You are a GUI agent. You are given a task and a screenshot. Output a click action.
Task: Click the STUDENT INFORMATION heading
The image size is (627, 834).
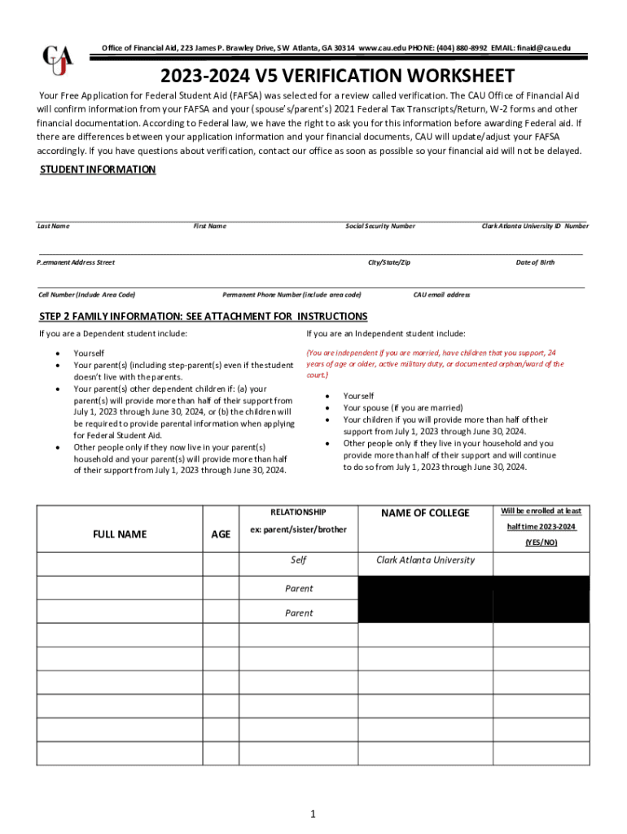click(98, 169)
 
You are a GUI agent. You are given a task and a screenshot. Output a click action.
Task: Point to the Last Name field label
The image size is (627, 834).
click(54, 226)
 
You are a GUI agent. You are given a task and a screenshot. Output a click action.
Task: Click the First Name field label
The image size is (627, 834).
click(209, 226)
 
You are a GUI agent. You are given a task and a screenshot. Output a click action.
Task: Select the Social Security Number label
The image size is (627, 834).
click(380, 226)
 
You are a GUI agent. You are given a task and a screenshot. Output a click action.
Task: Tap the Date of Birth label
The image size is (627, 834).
click(535, 262)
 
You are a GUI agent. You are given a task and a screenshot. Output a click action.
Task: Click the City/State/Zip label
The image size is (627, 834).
click(389, 262)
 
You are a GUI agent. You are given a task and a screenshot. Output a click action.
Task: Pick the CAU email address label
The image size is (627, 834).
click(441, 295)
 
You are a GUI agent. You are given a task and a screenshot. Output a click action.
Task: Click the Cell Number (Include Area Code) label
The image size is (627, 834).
click(86, 295)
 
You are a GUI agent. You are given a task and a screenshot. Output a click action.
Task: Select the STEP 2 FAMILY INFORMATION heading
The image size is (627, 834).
click(204, 316)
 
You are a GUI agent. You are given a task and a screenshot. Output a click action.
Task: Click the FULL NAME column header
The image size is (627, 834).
click(120, 534)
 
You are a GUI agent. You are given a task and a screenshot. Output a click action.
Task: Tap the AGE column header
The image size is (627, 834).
click(221, 534)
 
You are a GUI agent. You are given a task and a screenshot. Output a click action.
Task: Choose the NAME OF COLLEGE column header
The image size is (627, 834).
click(425, 513)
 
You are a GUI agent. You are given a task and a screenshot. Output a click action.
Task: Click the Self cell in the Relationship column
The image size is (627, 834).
click(298, 560)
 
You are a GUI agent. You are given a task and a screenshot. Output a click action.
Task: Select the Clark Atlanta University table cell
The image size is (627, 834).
click(425, 560)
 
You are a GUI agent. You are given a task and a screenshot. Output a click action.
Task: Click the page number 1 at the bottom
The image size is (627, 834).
click(313, 814)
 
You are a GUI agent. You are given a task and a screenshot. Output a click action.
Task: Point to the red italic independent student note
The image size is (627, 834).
click(434, 364)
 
